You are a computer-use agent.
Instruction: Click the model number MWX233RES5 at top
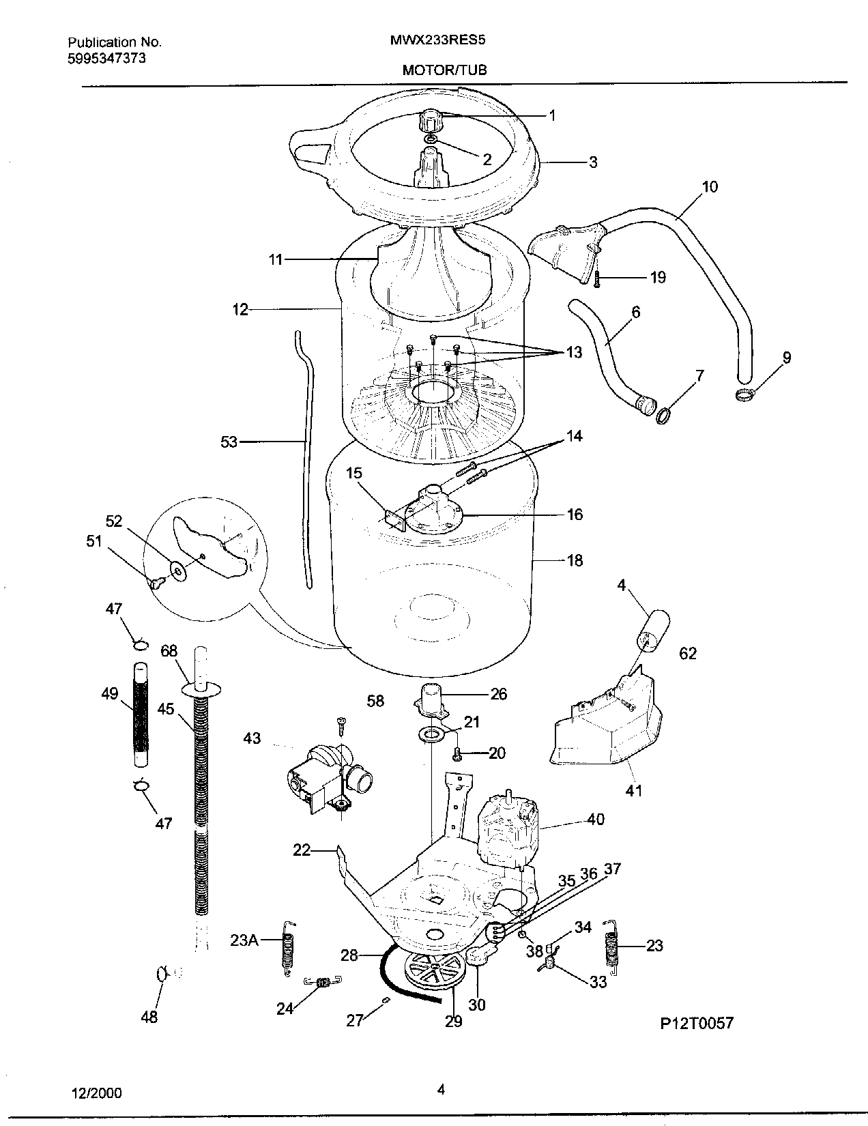[x=437, y=40]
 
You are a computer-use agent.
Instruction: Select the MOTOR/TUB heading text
[x=444, y=70]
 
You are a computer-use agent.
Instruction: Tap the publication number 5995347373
[x=106, y=59]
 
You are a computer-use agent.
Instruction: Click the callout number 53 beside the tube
[x=229, y=442]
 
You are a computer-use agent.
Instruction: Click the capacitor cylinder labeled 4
[x=653, y=630]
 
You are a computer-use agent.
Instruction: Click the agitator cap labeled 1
[x=431, y=123]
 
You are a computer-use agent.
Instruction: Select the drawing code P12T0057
[x=696, y=1023]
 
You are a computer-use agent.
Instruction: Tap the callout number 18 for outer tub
[x=575, y=560]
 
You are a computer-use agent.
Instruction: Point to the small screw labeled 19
[x=596, y=278]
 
